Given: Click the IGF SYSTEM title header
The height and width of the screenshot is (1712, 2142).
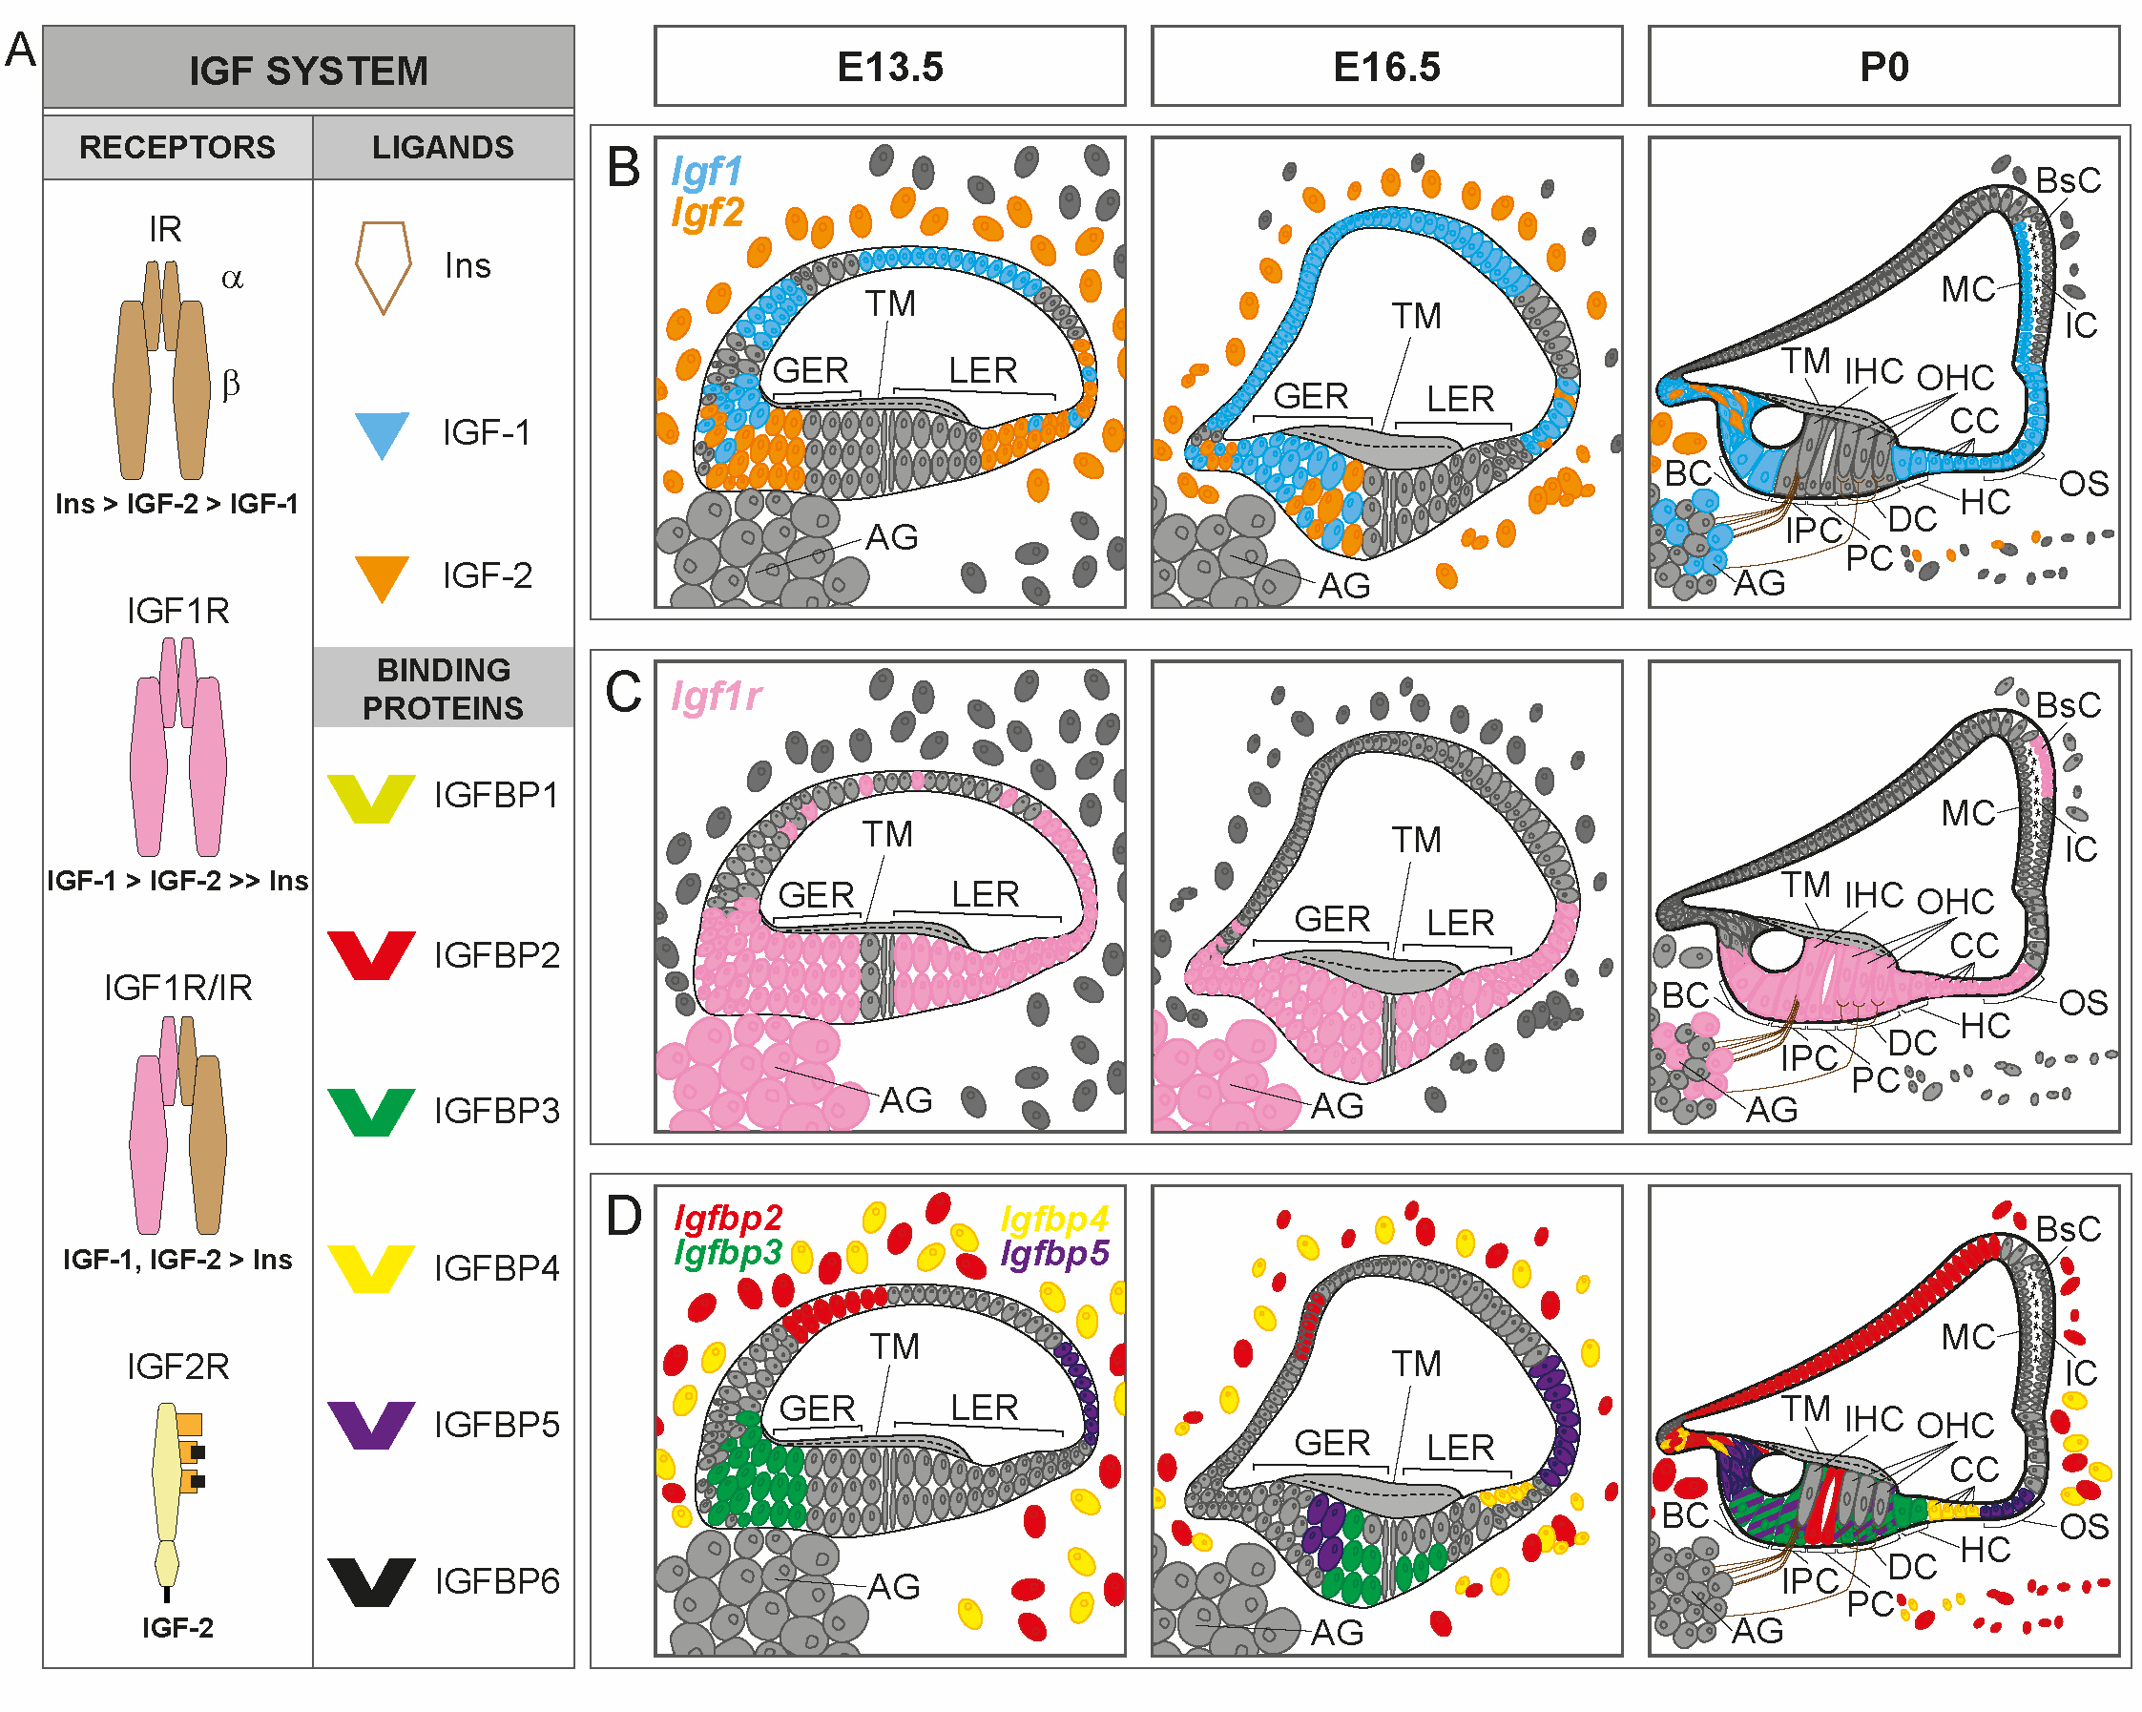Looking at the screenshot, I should tap(308, 70).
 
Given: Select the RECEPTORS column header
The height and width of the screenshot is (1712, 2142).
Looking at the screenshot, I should tap(177, 147).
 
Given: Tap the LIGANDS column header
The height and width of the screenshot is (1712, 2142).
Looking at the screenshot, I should tap(443, 147).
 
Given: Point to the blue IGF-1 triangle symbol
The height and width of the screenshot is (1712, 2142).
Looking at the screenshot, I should tap(382, 433).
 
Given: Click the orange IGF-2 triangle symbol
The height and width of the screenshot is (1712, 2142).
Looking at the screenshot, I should tap(382, 576).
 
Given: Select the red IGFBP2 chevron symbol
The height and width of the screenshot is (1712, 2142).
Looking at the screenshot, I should tap(370, 954).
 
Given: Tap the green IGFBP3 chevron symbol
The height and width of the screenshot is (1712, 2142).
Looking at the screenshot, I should tap(370, 1111).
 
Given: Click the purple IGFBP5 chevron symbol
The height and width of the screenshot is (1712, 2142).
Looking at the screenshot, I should tap(370, 1424).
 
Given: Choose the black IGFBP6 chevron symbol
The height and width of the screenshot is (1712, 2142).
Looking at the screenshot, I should tap(370, 1581).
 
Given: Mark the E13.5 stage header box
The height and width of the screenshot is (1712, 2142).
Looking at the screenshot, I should tap(889, 67).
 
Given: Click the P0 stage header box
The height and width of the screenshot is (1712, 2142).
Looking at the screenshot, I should tap(1883, 67).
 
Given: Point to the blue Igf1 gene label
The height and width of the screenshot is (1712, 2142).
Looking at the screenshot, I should tap(706, 171).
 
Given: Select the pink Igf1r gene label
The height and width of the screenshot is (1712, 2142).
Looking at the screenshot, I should tap(717, 697).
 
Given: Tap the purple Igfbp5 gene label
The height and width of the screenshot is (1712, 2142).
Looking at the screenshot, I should tap(1054, 1253).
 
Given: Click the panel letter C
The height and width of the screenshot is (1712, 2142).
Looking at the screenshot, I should tap(623, 692).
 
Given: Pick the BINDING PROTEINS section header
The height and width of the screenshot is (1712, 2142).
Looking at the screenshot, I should tap(443, 688).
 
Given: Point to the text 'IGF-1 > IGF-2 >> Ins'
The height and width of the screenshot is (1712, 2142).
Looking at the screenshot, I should tap(177, 881).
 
